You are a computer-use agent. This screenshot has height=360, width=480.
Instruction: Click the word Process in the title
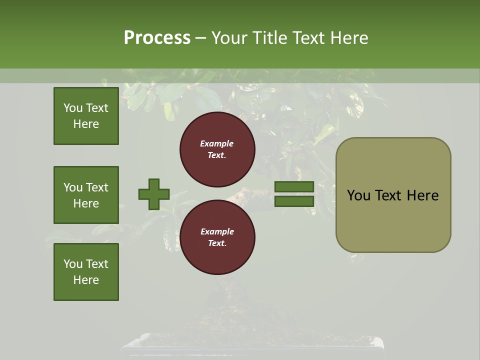(x=157, y=37)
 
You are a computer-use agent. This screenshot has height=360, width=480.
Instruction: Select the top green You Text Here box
(x=86, y=116)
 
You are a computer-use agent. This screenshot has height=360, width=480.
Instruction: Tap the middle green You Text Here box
(x=86, y=195)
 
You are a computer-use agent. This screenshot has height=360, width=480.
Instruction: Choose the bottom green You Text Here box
(x=86, y=271)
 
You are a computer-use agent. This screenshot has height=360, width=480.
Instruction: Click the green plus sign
(x=154, y=194)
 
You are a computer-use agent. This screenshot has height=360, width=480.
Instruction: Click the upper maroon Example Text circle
(x=217, y=149)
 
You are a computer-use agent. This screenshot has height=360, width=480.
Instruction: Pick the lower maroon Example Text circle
(x=217, y=237)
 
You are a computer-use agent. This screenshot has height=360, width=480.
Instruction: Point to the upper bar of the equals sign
(x=294, y=187)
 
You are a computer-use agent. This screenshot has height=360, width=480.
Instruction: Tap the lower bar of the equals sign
(x=294, y=201)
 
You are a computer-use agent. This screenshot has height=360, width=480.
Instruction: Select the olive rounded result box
(x=393, y=220)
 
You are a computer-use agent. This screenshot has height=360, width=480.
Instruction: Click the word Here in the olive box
(x=422, y=195)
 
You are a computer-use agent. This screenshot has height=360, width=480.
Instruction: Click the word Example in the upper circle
(x=217, y=143)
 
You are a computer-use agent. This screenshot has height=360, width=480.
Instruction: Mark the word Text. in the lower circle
(x=217, y=243)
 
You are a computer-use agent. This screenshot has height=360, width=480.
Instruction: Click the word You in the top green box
(x=73, y=108)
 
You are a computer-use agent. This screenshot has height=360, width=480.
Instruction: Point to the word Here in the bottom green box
(x=86, y=280)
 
